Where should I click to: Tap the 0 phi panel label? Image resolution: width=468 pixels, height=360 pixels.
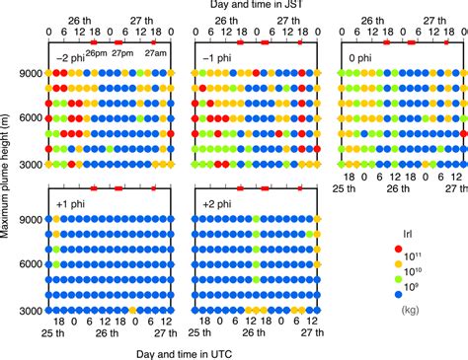361,56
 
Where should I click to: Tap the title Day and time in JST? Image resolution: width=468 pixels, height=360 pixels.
252,8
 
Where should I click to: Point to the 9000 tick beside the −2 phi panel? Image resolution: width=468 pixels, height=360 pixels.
29,73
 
